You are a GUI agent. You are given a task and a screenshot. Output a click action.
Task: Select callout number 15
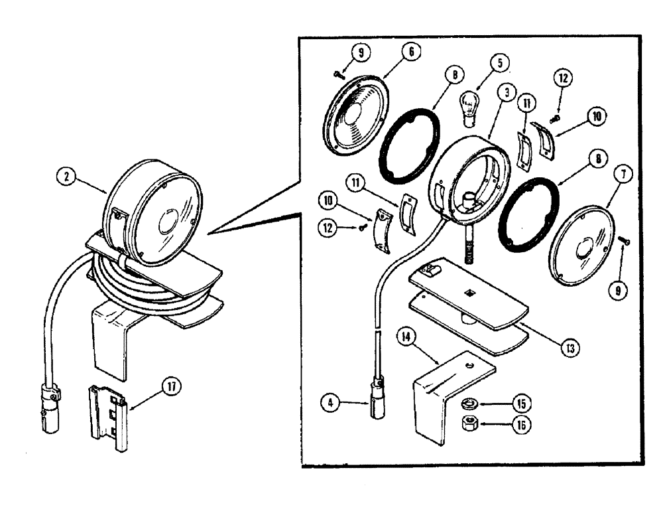(x=522, y=403)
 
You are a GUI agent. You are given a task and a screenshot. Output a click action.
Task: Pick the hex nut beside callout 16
(x=470, y=423)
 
